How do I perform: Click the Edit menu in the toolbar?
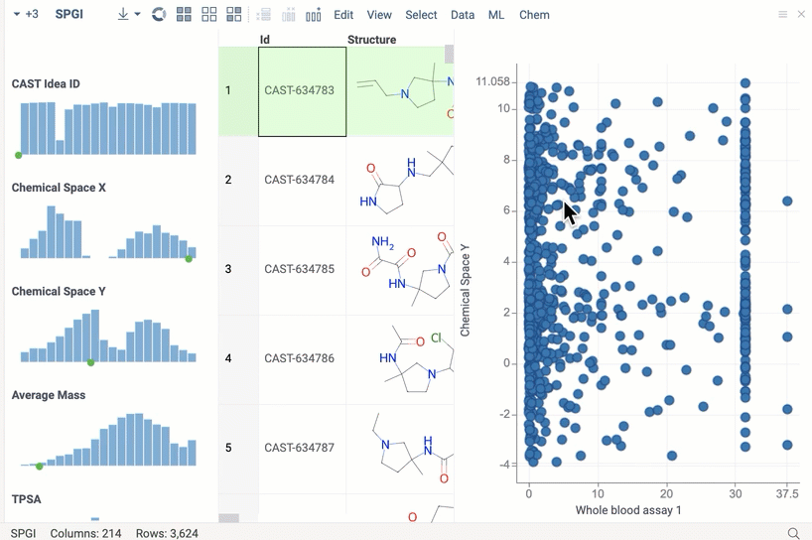pyautogui.click(x=343, y=15)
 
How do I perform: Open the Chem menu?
pyautogui.click(x=534, y=15)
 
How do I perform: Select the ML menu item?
pyautogui.click(x=496, y=15)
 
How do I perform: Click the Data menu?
pyautogui.click(x=463, y=15)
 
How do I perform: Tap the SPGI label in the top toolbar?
pyautogui.click(x=69, y=15)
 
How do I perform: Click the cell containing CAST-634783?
pyautogui.click(x=300, y=91)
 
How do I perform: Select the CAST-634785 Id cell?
pyautogui.click(x=300, y=269)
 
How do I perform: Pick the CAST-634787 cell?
pyautogui.click(x=300, y=448)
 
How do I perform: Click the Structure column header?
pyautogui.click(x=372, y=40)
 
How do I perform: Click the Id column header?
pyautogui.click(x=265, y=40)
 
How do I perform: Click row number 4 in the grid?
pyautogui.click(x=228, y=358)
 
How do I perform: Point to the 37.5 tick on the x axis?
pyautogui.click(x=787, y=493)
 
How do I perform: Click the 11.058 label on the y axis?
pyautogui.click(x=492, y=81)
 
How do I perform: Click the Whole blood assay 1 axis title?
pyautogui.click(x=628, y=510)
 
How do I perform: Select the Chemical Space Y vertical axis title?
pyautogui.click(x=466, y=290)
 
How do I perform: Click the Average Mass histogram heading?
pyautogui.click(x=49, y=395)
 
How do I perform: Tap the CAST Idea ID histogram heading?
pyautogui.click(x=46, y=83)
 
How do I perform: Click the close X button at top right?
pyautogui.click(x=801, y=15)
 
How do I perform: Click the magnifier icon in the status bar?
pyautogui.click(x=793, y=533)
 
